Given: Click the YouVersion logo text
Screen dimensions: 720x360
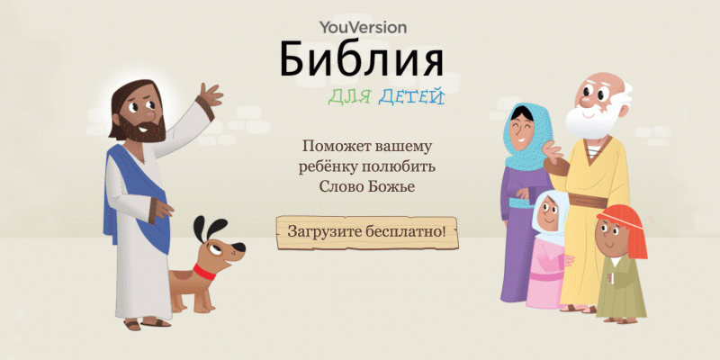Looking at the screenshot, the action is (x=364, y=28).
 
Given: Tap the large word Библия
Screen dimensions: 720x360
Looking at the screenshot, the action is (x=362, y=59).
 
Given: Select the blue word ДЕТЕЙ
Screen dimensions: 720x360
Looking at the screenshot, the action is (x=411, y=96).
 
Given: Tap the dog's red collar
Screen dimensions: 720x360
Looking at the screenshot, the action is (x=204, y=272).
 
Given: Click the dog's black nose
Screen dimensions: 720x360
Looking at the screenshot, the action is (x=238, y=249).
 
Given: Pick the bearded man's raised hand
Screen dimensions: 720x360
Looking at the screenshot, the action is (x=211, y=94).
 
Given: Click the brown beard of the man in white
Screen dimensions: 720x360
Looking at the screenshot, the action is (x=142, y=130).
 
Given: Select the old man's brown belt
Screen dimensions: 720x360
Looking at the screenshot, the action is (x=589, y=200).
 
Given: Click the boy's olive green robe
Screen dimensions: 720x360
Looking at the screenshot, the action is (x=621, y=289).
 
